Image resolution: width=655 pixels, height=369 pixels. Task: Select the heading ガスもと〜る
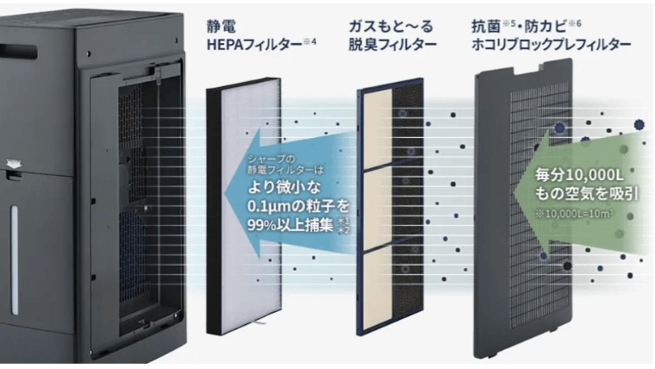(384, 25)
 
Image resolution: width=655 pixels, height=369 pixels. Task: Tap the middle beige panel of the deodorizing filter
(377, 207)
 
